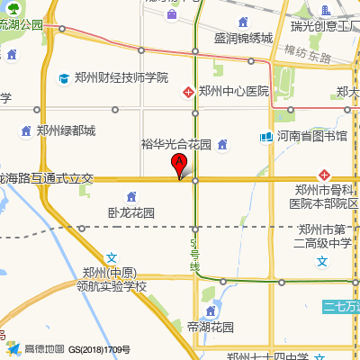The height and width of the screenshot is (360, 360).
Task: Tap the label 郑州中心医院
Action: tap(234, 91)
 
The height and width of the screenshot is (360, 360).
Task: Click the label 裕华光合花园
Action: tap(175, 144)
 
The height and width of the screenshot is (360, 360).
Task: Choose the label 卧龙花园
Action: tap(130, 213)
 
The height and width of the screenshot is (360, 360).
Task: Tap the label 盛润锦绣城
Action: tap(243, 39)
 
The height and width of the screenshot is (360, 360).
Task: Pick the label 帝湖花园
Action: tap(211, 327)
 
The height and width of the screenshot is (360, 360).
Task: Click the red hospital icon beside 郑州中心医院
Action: tap(188, 91)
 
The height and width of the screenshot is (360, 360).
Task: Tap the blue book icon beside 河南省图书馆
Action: tap(266, 137)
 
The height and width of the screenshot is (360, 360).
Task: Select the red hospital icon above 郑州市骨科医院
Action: tap(324, 174)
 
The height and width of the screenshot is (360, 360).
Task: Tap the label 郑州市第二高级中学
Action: tap(327, 236)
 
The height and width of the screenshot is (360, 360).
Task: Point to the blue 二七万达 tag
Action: tap(343, 306)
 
